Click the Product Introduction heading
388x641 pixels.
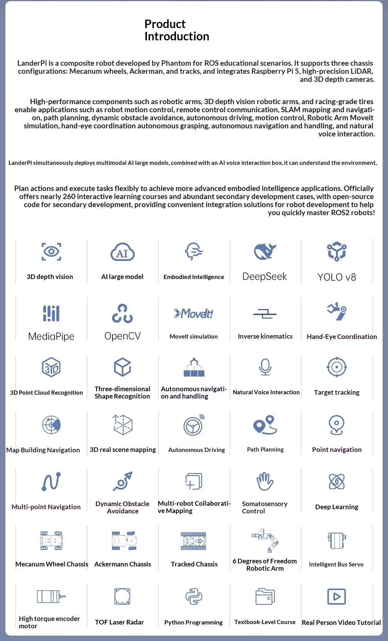coord(177,30)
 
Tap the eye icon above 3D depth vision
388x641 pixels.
coord(51,252)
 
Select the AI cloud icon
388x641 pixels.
coord(122,252)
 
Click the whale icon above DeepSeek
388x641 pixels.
coord(265,252)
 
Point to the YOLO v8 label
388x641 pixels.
coord(336,277)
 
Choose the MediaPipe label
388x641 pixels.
coord(51,337)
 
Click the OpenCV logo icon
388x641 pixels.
coord(122,314)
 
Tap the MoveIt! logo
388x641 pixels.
coord(194,314)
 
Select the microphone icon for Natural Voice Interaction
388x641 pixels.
coord(265,367)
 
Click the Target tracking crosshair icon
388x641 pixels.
coord(337,367)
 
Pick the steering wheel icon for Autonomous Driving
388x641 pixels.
coord(194,425)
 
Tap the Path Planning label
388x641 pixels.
coord(265,450)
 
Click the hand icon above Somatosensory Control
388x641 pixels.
coord(265,482)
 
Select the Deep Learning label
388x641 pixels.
coord(336,507)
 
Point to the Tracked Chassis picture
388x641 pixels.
coord(194,541)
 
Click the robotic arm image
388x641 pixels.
coord(265,540)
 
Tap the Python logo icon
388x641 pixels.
coord(194,597)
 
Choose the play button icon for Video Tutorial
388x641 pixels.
coord(336,597)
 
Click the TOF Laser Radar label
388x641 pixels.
coord(119,622)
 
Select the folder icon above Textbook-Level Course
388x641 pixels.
coord(265,597)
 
